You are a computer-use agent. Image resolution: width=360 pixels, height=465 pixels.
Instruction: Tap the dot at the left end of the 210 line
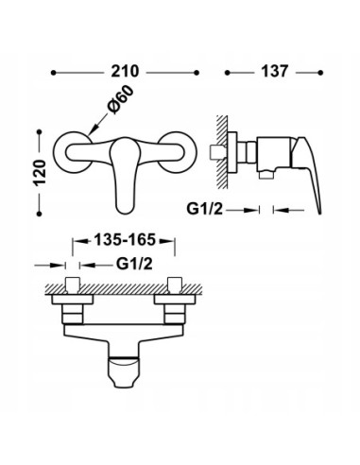tap(54, 72)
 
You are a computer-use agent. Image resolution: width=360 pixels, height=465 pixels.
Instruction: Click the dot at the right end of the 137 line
tap(320, 72)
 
